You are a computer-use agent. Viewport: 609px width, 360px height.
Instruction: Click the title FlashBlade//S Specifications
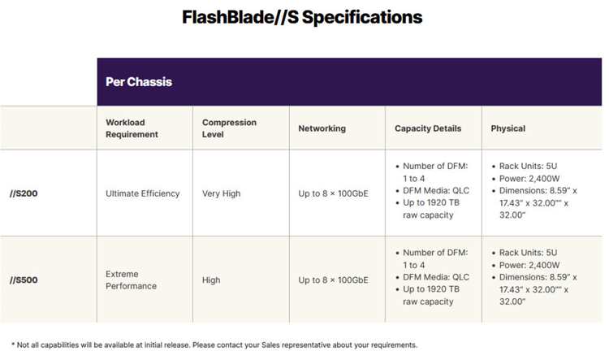tap(302, 18)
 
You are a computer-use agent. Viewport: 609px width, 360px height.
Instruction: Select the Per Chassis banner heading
tap(139, 81)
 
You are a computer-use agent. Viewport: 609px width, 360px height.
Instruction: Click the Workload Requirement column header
tap(132, 128)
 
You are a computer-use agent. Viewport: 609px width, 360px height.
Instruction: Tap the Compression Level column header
tap(229, 128)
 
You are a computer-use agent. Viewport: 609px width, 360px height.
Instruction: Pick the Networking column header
tap(322, 128)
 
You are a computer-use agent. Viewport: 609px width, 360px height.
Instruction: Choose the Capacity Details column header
tap(428, 128)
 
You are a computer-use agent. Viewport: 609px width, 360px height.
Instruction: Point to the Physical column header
tap(508, 128)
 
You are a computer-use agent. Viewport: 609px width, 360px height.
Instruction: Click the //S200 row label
tap(24, 193)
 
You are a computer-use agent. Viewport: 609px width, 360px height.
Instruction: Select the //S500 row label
tap(24, 280)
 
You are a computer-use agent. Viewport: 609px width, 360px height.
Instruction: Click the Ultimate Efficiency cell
tap(143, 193)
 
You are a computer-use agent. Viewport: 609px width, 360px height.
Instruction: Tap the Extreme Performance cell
tap(132, 280)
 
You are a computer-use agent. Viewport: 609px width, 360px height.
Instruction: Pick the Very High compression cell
tap(222, 193)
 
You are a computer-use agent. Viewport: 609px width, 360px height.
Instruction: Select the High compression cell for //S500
tap(211, 280)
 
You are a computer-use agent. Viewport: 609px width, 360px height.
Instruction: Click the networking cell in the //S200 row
tap(333, 193)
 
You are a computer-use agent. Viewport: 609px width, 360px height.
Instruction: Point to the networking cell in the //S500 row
tap(333, 280)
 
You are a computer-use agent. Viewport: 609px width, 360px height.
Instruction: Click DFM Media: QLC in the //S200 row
tap(436, 190)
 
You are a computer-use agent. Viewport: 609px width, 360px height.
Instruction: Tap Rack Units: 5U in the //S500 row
tap(529, 253)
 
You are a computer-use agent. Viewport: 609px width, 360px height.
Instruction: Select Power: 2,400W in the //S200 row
tap(529, 179)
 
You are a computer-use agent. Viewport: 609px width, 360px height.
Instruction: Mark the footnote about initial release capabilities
tap(214, 345)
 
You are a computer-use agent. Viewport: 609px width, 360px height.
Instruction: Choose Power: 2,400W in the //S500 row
tap(529, 265)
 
